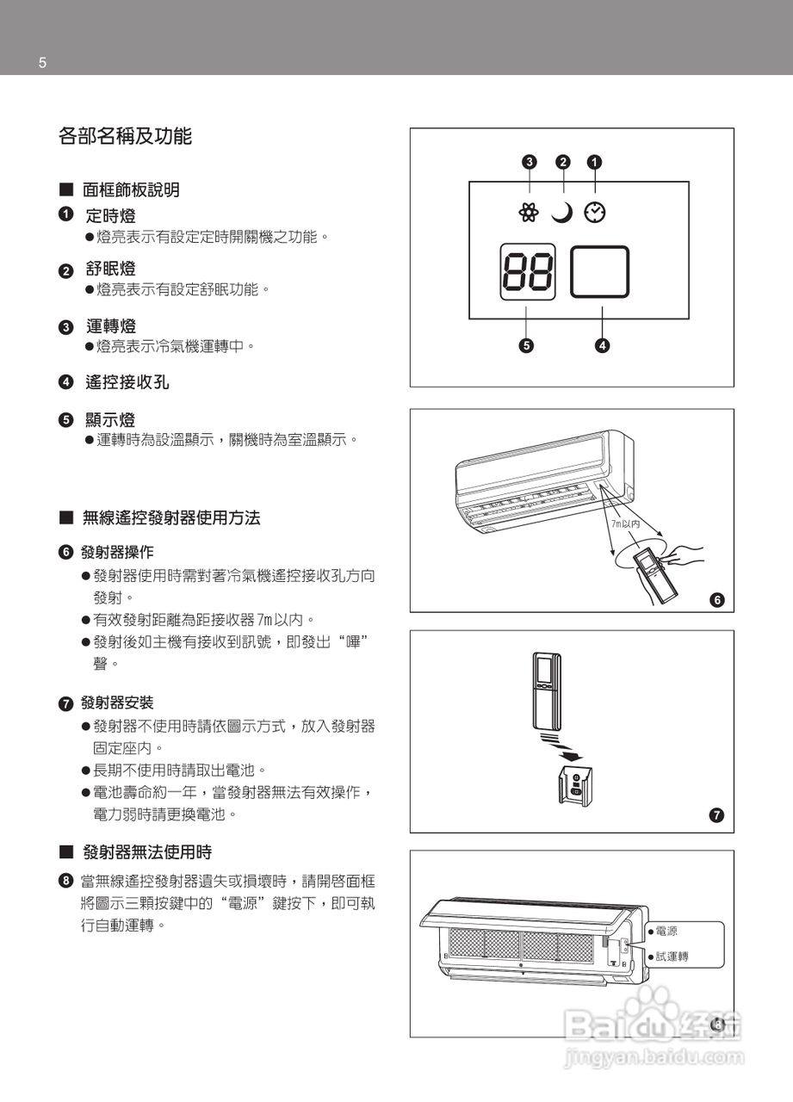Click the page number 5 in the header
click(42, 63)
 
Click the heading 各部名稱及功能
click(124, 136)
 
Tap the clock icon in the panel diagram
click(594, 212)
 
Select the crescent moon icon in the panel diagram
click(562, 212)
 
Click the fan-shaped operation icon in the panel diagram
click(530, 212)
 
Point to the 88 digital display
click(528, 272)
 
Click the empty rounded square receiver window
click(600, 272)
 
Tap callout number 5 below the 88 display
click(527, 345)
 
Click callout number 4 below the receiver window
click(602, 345)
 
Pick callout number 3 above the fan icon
click(530, 161)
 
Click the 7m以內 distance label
click(626, 523)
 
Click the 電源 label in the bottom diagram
click(666, 931)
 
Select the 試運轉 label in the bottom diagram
click(671, 956)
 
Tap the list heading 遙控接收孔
click(127, 382)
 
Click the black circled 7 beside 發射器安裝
click(65, 703)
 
